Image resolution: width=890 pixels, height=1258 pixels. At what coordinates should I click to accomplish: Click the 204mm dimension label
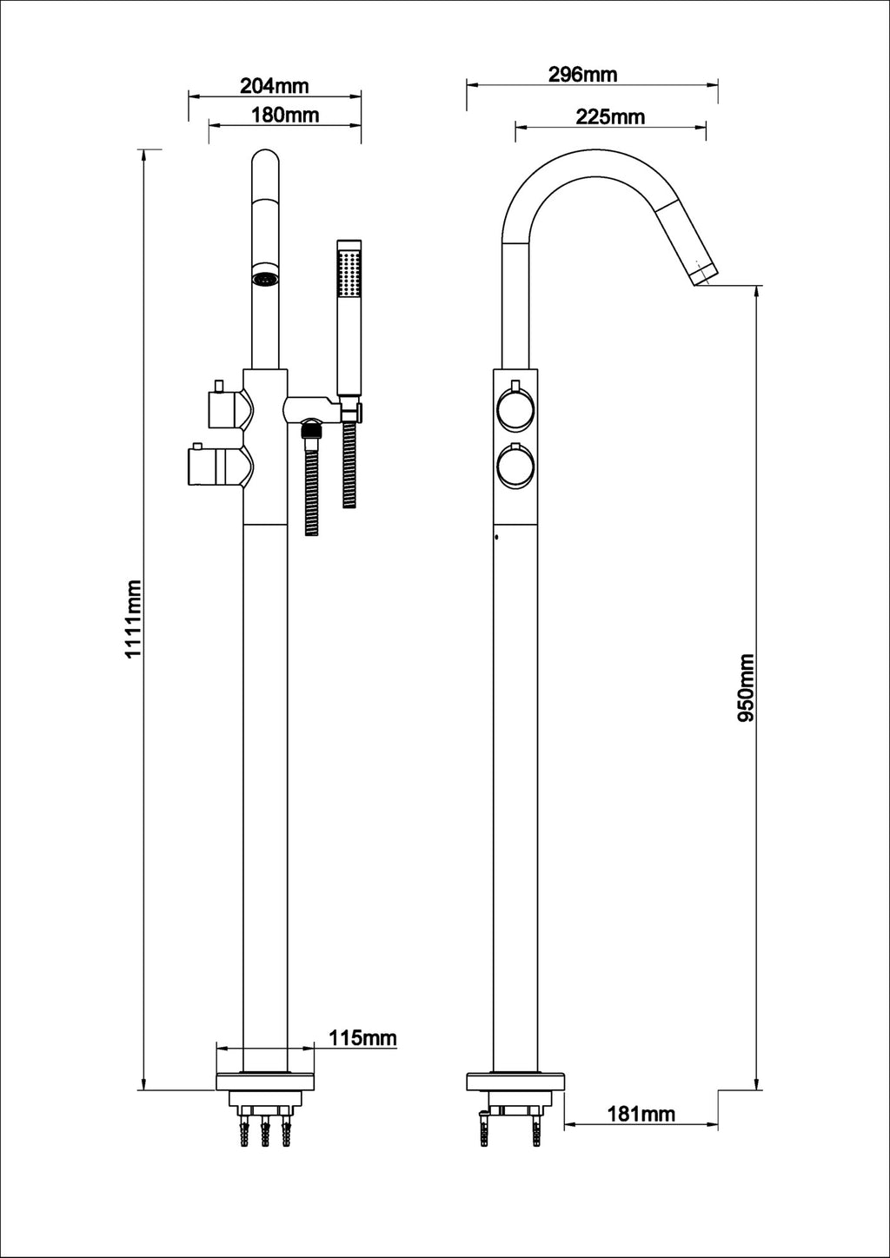point(274,85)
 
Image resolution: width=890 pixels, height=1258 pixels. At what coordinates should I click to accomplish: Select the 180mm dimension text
point(285,114)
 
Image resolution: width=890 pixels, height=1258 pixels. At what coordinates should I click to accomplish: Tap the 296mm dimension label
point(582,74)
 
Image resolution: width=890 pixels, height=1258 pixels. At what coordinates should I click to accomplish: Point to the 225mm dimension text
point(610,116)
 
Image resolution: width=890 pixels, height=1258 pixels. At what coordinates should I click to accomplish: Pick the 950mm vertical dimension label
point(746,689)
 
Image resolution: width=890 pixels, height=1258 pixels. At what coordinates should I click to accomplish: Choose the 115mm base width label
point(362,1037)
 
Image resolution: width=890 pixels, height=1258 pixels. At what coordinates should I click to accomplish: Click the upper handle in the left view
point(225,409)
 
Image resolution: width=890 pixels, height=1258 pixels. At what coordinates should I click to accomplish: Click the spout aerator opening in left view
point(264,279)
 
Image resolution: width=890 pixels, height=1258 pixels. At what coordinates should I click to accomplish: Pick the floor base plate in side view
point(515,1082)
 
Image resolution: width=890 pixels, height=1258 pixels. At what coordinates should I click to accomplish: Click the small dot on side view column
point(496,538)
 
